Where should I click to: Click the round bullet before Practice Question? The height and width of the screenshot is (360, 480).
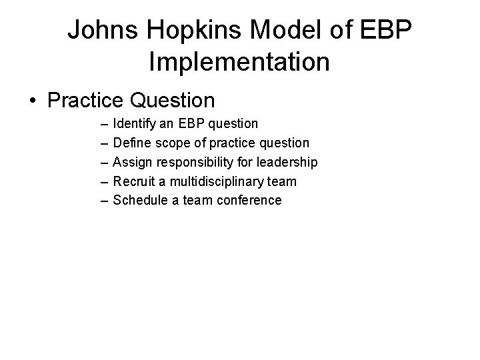pos(32,101)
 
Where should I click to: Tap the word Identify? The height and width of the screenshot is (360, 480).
pos(133,124)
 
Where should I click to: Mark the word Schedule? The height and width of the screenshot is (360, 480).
pos(139,200)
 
